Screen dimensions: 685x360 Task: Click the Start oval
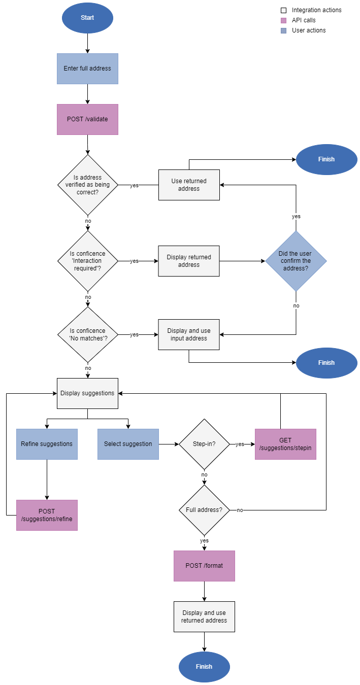click(x=87, y=18)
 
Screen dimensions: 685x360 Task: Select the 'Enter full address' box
click(x=87, y=68)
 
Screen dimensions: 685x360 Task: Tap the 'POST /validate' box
click(x=87, y=119)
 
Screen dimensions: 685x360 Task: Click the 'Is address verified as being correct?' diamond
click(x=87, y=185)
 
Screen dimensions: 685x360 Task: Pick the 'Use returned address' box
click(x=189, y=185)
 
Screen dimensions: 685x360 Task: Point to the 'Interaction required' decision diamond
click(x=87, y=261)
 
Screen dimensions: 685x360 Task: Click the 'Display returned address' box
click(x=189, y=261)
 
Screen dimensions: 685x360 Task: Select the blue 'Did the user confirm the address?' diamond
click(x=296, y=261)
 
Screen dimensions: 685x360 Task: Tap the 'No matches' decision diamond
click(x=87, y=334)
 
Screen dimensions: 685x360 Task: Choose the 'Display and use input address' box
click(x=189, y=334)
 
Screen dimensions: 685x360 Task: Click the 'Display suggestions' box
click(x=87, y=393)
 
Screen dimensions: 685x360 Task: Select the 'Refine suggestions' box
click(x=47, y=444)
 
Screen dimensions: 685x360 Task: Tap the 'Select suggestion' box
click(x=128, y=444)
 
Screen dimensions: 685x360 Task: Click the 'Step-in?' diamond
click(x=204, y=444)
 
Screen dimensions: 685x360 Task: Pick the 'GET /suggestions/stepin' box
click(x=285, y=444)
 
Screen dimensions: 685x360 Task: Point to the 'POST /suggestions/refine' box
click(x=47, y=515)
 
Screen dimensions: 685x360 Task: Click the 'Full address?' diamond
click(x=204, y=510)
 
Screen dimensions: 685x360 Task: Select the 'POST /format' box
click(x=204, y=566)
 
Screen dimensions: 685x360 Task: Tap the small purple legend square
click(x=283, y=21)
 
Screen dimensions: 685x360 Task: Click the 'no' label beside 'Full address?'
click(x=240, y=510)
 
